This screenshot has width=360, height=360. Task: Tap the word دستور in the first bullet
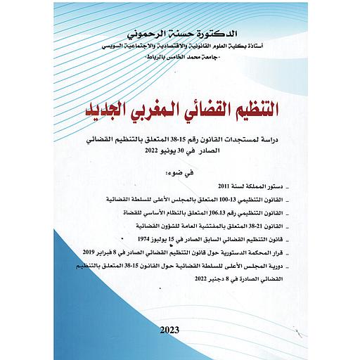tap(283, 188)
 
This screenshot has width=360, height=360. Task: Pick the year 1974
tap(147, 238)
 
